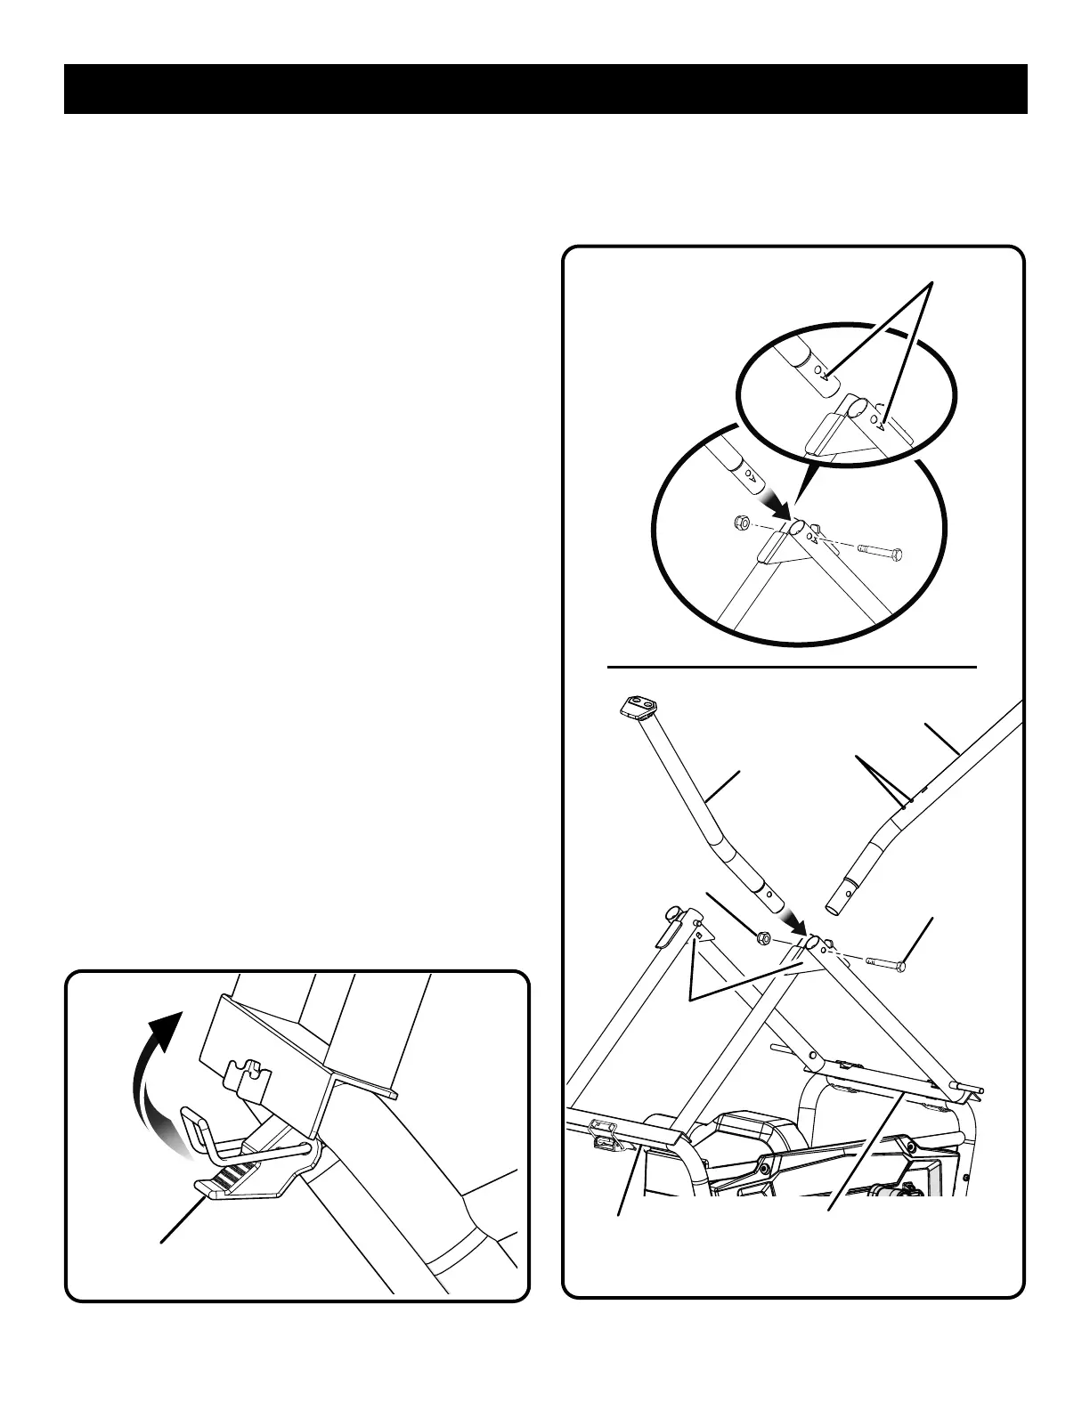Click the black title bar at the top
545,89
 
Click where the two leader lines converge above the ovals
931,283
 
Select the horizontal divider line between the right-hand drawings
793,665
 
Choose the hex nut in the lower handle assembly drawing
763,937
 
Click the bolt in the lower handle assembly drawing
885,962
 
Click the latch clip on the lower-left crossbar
604,1141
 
